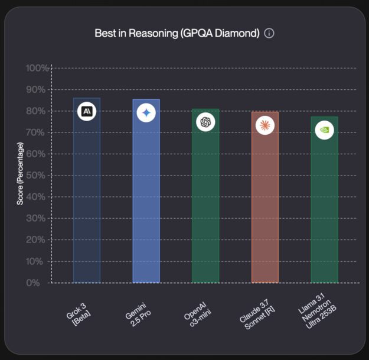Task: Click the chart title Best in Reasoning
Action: tap(177, 33)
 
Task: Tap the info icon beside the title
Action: tap(269, 33)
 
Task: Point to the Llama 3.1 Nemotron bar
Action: tap(324, 207)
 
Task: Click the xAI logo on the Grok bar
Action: tap(87, 111)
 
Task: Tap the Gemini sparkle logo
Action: tap(146, 113)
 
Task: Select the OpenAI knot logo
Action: tap(205, 122)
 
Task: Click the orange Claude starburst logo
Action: tap(265, 125)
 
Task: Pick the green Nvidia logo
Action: tap(324, 129)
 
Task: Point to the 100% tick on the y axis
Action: tap(37, 68)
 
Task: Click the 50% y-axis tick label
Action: tap(38, 176)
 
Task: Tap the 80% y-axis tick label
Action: tap(38, 111)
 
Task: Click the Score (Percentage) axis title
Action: tap(20, 174)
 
